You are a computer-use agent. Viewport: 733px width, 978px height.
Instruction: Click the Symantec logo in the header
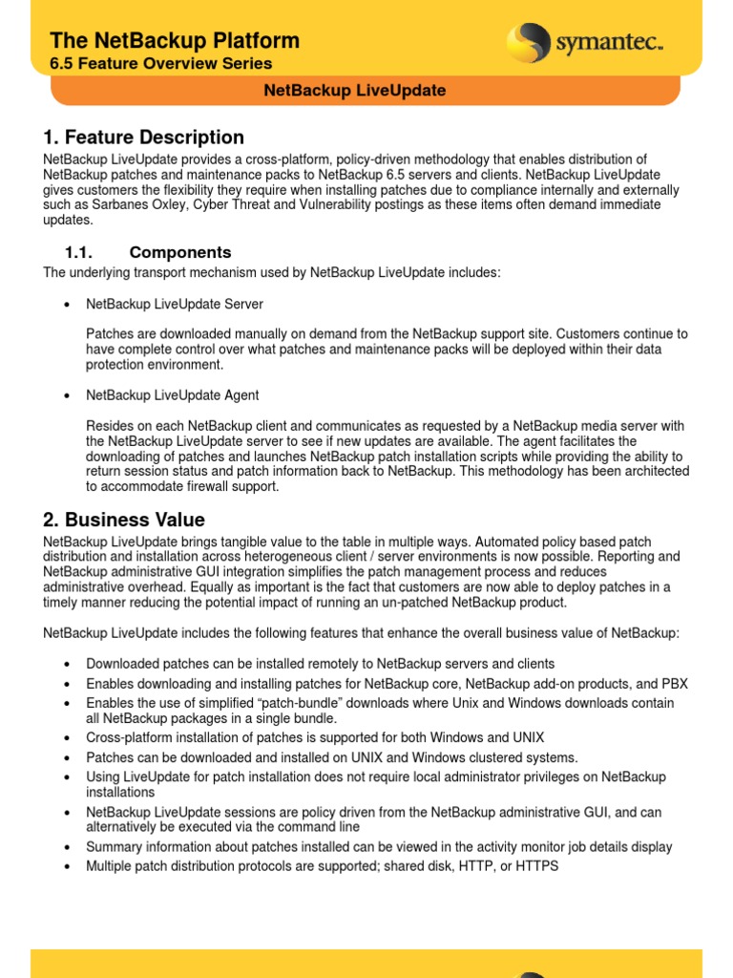tap(584, 43)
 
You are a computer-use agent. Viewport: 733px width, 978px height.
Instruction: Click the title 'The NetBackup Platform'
tap(175, 41)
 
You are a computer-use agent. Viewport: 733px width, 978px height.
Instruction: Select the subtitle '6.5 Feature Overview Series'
tap(161, 64)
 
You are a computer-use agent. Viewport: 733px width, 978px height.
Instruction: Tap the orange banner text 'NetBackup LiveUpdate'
tap(354, 91)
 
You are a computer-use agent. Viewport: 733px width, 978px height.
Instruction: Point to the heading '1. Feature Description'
tap(143, 138)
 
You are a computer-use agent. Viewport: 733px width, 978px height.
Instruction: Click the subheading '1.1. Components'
tap(148, 252)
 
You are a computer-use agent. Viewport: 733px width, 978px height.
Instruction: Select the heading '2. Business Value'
tap(124, 520)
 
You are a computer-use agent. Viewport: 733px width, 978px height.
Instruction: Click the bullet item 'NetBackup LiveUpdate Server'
tap(175, 304)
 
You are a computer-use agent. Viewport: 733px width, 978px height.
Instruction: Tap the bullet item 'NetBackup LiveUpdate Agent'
tap(173, 394)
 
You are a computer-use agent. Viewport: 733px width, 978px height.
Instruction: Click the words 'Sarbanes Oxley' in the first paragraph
tap(127, 205)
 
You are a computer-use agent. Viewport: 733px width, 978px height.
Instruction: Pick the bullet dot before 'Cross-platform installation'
tap(67, 738)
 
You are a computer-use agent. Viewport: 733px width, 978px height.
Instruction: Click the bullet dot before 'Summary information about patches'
tap(67, 848)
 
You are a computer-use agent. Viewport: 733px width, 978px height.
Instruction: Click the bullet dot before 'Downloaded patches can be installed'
tap(67, 664)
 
